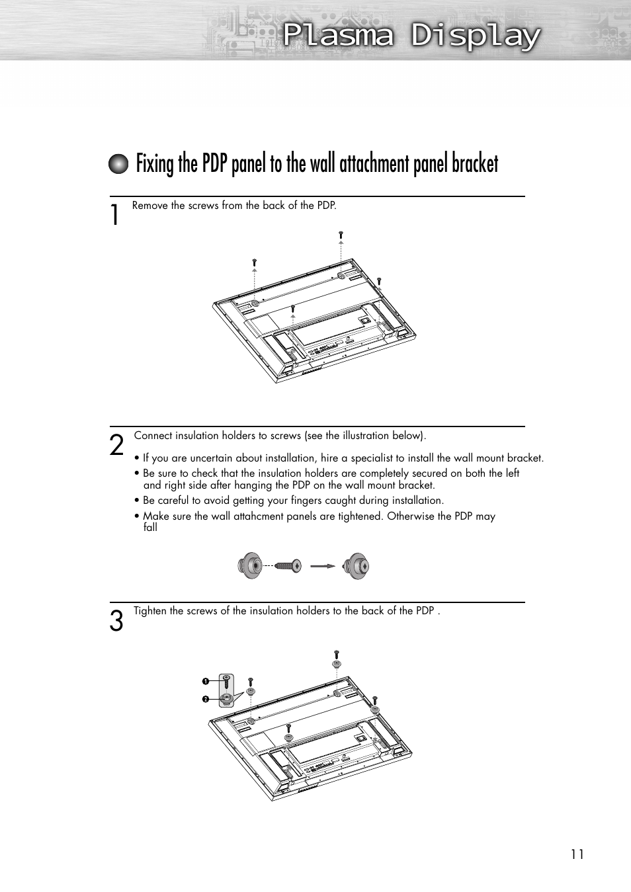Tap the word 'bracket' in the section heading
(x=474, y=164)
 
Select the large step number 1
(x=116, y=215)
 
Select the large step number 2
(x=116, y=445)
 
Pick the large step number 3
(x=116, y=622)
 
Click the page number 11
(x=577, y=854)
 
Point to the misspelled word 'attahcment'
(x=259, y=516)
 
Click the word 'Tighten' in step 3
(x=150, y=611)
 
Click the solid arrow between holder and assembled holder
(x=323, y=566)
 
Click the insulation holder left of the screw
(x=250, y=566)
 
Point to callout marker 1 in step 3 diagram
(x=206, y=681)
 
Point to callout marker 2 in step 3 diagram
(x=206, y=699)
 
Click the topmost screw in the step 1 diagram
(x=341, y=234)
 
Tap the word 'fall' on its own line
(x=150, y=528)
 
